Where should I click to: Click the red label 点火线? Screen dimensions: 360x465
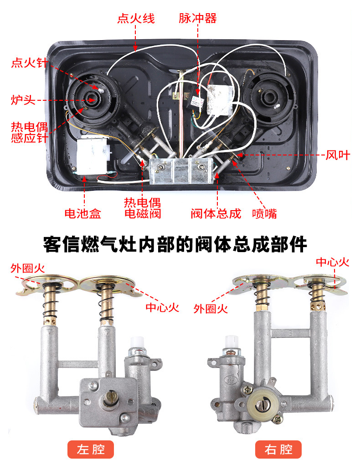[x=136, y=18]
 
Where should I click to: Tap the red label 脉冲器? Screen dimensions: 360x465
[x=197, y=18]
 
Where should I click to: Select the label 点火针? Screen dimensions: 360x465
[x=29, y=62]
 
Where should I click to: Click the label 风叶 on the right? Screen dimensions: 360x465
[x=338, y=155]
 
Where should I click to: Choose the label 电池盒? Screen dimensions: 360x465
[x=83, y=213]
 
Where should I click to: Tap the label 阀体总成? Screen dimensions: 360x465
[x=216, y=213]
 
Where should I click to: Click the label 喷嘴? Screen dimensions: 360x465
[x=264, y=213]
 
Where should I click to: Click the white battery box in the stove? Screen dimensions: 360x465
[x=93, y=156]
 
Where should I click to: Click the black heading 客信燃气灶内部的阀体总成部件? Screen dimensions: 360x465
[x=175, y=244]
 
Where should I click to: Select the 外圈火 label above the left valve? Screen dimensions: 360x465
[x=28, y=268]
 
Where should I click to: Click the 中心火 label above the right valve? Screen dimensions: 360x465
[x=332, y=262]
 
